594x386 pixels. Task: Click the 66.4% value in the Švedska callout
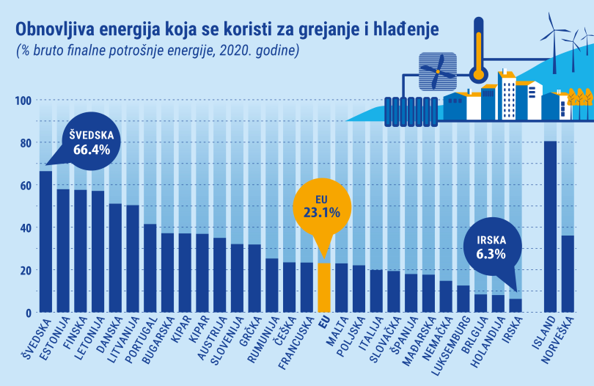pos(91,150)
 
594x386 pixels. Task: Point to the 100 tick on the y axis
pos(22,101)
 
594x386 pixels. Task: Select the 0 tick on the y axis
pos(28,313)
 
